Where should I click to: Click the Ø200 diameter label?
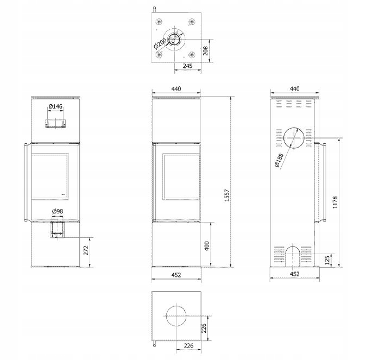pyautogui.click(x=160, y=43)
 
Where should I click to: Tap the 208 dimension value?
pyautogui.click(x=205, y=50)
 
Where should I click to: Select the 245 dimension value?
pyautogui.click(x=187, y=66)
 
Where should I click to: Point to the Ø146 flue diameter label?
pyautogui.click(x=55, y=106)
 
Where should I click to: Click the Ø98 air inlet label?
pyautogui.click(x=58, y=211)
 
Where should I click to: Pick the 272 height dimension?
pyautogui.click(x=86, y=250)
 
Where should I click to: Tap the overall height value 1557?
pyautogui.click(x=227, y=195)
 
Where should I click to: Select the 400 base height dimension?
pyautogui.click(x=207, y=246)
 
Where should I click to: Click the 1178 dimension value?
pyautogui.click(x=335, y=202)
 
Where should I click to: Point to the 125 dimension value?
pyautogui.click(x=327, y=260)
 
